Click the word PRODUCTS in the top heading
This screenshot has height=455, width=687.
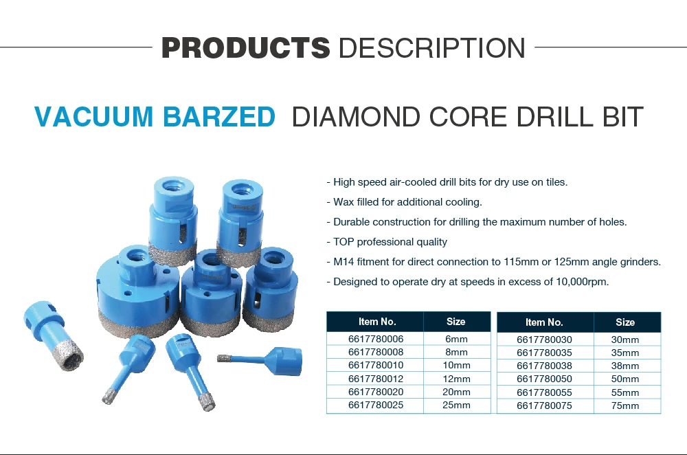[245, 48]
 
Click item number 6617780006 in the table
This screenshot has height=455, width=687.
[376, 340]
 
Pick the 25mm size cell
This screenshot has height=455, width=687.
[456, 406]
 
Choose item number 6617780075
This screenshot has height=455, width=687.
[544, 406]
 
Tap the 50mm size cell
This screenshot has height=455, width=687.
[625, 379]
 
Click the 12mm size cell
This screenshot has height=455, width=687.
[456, 379]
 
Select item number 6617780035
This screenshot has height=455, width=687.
[544, 353]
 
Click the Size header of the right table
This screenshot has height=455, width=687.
[625, 322]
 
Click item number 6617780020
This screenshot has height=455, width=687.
[376, 392]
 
